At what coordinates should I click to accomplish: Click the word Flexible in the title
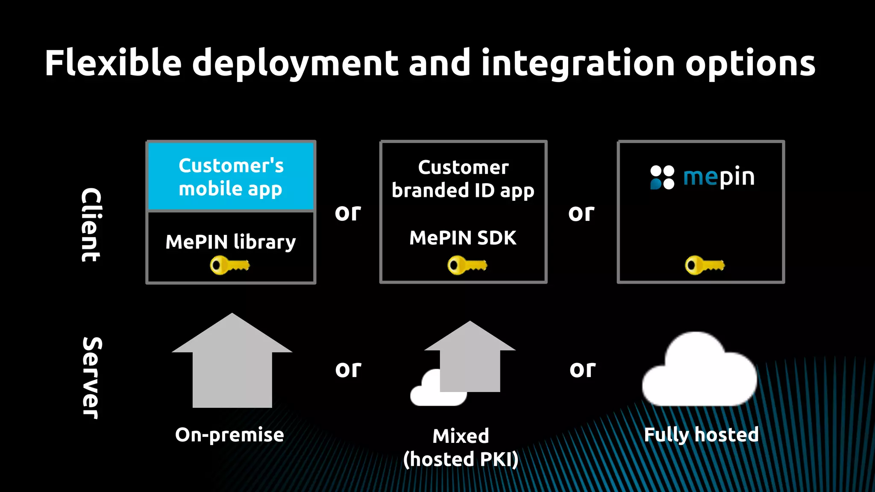coord(113,63)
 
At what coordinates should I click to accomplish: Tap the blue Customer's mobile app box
coord(231,177)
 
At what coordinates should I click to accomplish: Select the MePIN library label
coord(231,242)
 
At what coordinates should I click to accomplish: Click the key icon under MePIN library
coord(229,265)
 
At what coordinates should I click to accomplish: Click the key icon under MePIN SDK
coord(467,265)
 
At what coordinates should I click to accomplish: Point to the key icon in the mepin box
coord(705,265)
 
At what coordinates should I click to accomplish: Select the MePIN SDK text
coord(463,238)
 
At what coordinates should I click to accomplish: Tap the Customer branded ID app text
coord(463,179)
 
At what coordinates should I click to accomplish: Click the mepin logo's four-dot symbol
coord(662,177)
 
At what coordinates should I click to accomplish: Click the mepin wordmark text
coord(719,177)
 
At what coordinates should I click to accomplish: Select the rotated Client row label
coord(91,225)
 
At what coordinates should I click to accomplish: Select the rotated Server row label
coord(91,378)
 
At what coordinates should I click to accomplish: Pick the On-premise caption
coord(229,435)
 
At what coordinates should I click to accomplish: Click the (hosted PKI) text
coord(461,460)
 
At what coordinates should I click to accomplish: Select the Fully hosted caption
coord(701,435)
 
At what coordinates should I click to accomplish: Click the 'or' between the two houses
coord(348,369)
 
